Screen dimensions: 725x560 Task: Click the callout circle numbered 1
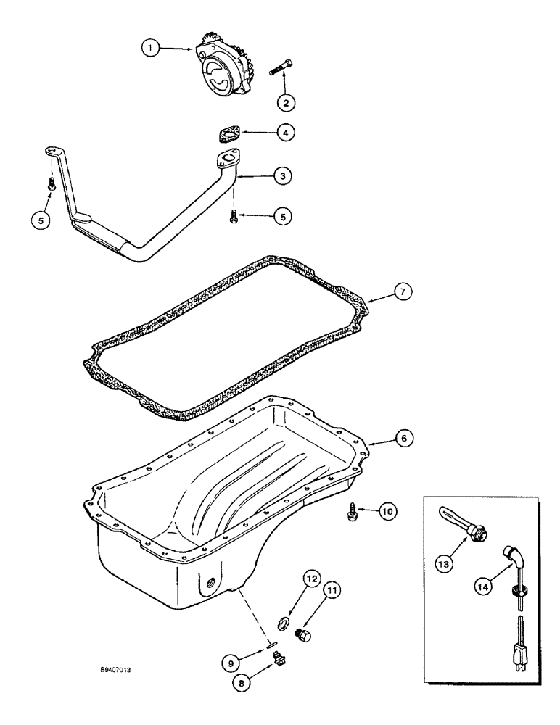tap(149, 48)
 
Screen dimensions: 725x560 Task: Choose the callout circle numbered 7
tap(404, 291)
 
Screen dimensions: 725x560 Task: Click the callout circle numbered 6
tap(404, 438)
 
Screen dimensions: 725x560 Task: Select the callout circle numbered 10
tap(387, 511)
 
